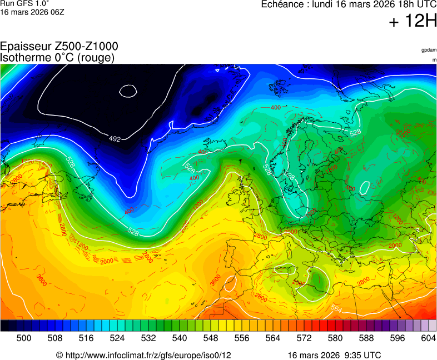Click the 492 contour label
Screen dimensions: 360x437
point(115,138)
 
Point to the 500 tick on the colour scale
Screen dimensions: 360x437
point(24,337)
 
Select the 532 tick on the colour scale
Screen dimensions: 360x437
point(148,337)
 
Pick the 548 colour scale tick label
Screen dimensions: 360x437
point(211,337)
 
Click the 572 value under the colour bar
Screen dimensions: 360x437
point(304,337)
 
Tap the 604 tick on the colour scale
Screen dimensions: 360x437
point(428,337)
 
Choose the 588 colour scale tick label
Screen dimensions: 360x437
point(366,337)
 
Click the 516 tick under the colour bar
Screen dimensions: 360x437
point(86,337)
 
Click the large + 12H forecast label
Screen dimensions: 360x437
point(413,22)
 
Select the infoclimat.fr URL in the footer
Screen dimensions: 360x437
point(147,355)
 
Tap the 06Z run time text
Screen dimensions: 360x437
point(57,12)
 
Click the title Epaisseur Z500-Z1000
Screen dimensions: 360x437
point(59,47)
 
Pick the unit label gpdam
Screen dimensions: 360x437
point(429,50)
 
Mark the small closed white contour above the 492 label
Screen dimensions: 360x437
point(128,91)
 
